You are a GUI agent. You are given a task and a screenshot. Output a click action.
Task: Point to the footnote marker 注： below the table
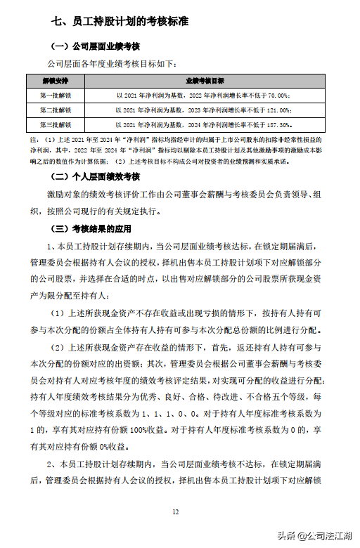coord(33,140)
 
